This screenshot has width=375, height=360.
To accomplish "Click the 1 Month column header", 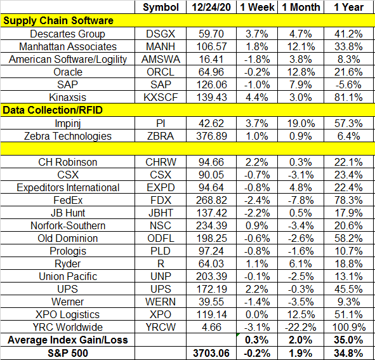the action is (x=301, y=7).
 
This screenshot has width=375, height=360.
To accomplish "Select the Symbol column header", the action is (x=161, y=8).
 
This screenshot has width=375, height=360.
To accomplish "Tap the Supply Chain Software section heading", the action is (x=58, y=20).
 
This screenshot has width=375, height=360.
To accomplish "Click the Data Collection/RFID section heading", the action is (x=53, y=110).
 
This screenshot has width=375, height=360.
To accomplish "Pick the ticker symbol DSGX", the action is (x=161, y=34).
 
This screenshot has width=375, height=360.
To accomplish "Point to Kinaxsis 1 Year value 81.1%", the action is (x=348, y=97).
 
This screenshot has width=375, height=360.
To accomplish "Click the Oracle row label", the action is (x=68, y=72).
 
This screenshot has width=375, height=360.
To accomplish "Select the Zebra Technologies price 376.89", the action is (x=211, y=137).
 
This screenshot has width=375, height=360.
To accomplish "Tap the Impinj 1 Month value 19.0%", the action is (x=301, y=124).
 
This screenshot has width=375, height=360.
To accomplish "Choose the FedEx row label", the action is (x=68, y=201).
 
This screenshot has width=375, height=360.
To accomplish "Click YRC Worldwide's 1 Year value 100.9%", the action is (x=349, y=327).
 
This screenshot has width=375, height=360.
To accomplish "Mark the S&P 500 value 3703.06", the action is (x=211, y=353).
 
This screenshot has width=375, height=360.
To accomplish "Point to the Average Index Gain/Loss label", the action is (x=68, y=340).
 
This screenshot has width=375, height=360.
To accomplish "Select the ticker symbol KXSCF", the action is (x=161, y=97).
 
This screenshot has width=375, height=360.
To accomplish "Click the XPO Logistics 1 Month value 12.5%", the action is (x=301, y=314).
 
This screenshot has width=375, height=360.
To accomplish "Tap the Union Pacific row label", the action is (x=68, y=276).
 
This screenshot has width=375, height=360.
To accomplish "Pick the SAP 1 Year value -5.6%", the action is (x=348, y=84).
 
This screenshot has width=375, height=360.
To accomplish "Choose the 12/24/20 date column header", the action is (x=211, y=7).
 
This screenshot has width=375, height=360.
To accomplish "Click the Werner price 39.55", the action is (x=211, y=302).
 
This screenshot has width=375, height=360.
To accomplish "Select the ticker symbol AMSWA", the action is (x=161, y=59).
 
